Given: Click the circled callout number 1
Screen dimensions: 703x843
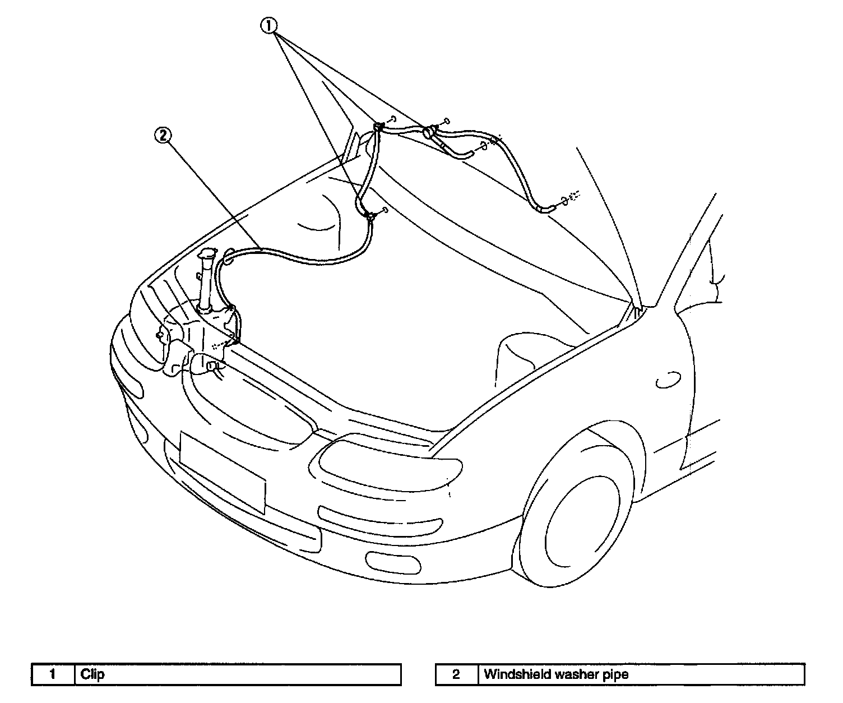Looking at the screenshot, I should pos(270,26).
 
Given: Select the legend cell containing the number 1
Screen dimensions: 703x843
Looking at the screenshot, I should pos(53,674).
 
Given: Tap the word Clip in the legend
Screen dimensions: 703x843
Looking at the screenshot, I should pos(92,674).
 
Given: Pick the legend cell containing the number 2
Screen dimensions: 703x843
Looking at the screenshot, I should pos(456,674).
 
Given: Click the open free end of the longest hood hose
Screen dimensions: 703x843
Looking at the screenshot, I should pos(547,209).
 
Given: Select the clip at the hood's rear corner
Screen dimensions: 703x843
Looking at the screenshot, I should pos(378,126).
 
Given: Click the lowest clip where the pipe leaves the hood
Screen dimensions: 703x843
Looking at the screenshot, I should pos(369,215).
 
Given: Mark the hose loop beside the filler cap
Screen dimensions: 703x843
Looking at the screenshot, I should pos(228,258).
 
